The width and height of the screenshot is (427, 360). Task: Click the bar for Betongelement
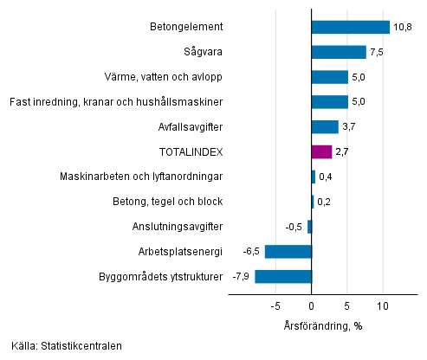(350, 27)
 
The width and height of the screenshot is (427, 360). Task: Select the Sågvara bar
(339, 52)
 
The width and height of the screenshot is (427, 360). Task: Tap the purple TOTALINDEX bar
(321, 152)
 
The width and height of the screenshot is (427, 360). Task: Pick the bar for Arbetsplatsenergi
(288, 252)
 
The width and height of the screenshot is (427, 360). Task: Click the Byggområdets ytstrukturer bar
(283, 277)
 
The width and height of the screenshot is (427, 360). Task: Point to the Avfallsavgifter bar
(325, 127)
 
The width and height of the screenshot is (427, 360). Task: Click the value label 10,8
(402, 27)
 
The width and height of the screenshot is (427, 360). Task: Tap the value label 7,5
(378, 52)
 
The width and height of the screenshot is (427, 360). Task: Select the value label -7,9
(241, 277)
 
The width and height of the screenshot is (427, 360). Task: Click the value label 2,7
(343, 152)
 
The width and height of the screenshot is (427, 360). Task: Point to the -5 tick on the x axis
(275, 305)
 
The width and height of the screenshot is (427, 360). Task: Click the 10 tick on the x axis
(382, 305)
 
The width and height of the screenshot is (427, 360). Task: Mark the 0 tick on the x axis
(312, 305)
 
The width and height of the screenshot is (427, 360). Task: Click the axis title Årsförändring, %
(322, 325)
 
